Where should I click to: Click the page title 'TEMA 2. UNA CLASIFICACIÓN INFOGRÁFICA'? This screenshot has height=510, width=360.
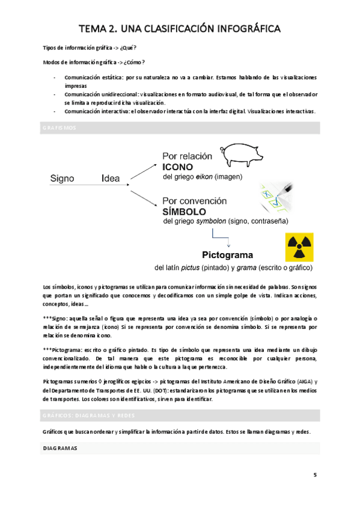(x=180, y=28)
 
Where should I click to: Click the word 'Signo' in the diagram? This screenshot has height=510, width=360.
(x=63, y=179)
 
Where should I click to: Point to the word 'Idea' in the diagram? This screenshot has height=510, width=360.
(x=111, y=179)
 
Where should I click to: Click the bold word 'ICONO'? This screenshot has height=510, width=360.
(x=177, y=167)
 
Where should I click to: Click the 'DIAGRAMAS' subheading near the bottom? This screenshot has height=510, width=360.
(x=60, y=449)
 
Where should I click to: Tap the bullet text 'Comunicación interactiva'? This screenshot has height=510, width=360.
(x=98, y=111)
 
